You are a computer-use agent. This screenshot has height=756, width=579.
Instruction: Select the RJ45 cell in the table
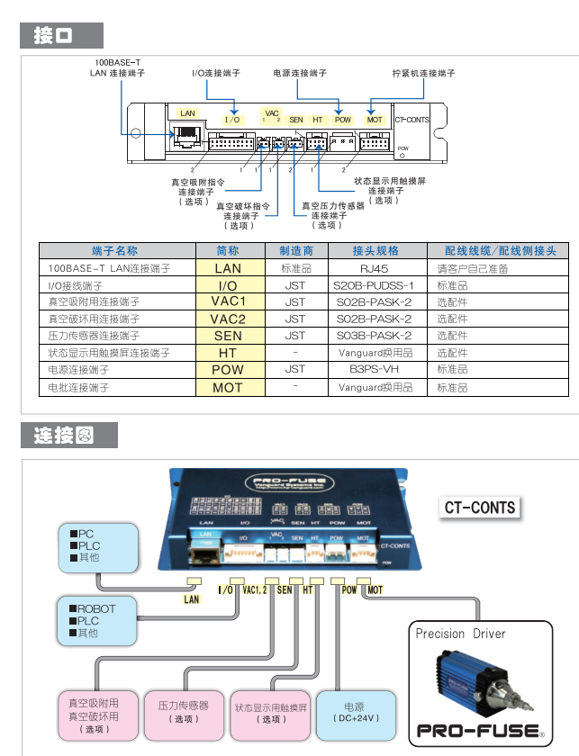click(375, 268)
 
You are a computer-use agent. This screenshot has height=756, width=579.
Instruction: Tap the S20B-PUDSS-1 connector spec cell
click(375, 285)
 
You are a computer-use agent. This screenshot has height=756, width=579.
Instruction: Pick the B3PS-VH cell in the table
click(375, 369)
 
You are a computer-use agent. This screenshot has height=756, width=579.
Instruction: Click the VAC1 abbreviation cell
click(228, 301)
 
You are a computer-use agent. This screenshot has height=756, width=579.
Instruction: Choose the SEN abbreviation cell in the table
click(228, 336)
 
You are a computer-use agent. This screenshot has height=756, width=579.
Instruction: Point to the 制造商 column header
click(294, 251)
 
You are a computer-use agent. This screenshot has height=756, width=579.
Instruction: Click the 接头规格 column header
click(375, 251)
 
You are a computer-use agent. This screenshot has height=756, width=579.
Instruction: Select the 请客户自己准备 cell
click(473, 268)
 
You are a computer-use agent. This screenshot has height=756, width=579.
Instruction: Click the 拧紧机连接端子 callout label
click(423, 73)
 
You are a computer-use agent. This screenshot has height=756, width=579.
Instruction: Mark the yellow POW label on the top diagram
click(343, 120)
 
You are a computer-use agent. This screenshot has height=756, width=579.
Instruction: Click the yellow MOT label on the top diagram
click(375, 120)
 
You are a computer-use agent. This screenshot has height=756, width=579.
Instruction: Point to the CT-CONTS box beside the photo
click(480, 508)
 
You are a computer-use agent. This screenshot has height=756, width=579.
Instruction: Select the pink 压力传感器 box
click(184, 712)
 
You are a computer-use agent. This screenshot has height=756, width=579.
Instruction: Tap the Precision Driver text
click(460, 634)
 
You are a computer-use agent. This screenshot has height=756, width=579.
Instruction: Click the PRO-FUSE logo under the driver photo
click(478, 731)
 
